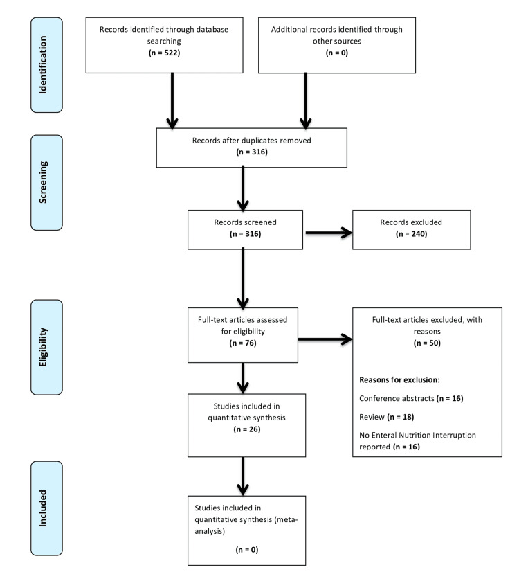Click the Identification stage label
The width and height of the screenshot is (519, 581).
pos(44,65)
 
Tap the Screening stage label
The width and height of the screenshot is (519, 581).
pos(44,182)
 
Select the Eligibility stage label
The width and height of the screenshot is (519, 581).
pos(44,347)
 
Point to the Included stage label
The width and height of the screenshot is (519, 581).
pos(44,508)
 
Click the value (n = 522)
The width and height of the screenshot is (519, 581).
pos(165,53)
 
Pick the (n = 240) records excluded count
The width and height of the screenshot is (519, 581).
pos(411,234)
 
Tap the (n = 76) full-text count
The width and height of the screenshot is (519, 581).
pos(243,343)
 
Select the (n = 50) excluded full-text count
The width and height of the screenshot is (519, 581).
pos(427,343)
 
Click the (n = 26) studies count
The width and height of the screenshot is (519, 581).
pos(247,429)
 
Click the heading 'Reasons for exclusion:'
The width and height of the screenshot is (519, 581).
pos(399,379)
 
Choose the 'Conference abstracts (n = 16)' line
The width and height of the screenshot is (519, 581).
pos(411,398)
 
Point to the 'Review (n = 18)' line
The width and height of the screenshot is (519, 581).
pos(386,417)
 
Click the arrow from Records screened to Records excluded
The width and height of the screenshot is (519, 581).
pos(329,233)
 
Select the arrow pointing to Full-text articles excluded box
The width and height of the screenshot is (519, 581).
pos(325,339)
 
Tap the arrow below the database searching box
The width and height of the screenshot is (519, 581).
pos(172,101)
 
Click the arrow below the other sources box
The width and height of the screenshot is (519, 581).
pos(305,101)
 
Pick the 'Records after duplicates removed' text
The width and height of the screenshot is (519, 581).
pos(252,141)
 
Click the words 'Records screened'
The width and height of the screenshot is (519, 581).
pos(245,222)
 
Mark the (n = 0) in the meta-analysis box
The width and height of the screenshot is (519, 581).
pos(247,550)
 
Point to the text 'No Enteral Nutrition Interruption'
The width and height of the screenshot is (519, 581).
pos(417,435)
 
